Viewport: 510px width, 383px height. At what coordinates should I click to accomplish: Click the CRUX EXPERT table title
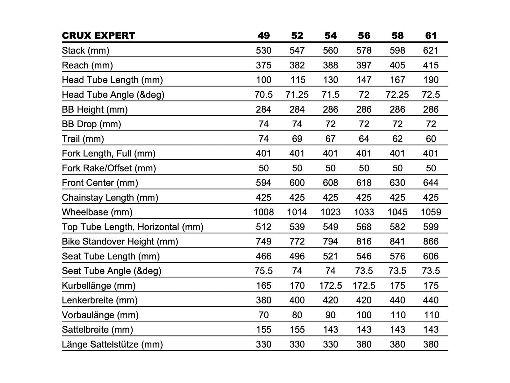pyautogui.click(x=98, y=35)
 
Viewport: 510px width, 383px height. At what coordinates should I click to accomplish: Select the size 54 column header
pyautogui.click(x=330, y=35)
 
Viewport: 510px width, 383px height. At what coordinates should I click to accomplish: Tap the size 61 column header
pyautogui.click(x=431, y=35)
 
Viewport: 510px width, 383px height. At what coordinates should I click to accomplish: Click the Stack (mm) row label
pyautogui.click(x=85, y=50)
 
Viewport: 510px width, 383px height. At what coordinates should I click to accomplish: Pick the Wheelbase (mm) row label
pyautogui.click(x=97, y=212)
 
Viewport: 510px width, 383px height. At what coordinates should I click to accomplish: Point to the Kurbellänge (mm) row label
pyautogui.click(x=98, y=286)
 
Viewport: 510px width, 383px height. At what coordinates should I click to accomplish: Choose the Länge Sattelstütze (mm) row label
pyautogui.click(x=112, y=344)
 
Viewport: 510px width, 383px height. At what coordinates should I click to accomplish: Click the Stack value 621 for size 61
pyautogui.click(x=431, y=50)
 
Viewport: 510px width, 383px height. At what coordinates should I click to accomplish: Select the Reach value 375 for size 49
pyautogui.click(x=263, y=65)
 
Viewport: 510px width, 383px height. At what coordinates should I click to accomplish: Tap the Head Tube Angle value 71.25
pyautogui.click(x=297, y=95)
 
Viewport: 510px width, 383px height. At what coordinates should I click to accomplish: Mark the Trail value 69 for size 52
pyautogui.click(x=297, y=139)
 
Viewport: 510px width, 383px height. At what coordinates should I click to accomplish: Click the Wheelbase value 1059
pyautogui.click(x=431, y=212)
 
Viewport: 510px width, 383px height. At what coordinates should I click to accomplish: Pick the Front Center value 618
pyautogui.click(x=364, y=183)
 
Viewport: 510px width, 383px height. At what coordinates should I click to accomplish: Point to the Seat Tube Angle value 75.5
pyautogui.click(x=263, y=271)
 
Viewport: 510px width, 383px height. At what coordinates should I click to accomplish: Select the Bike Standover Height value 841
pyautogui.click(x=397, y=242)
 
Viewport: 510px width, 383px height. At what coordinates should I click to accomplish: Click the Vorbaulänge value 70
pyautogui.click(x=263, y=315)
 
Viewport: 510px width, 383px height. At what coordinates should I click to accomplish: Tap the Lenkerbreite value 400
pyautogui.click(x=297, y=300)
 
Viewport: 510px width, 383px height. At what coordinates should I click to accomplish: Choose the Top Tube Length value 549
pyautogui.click(x=330, y=227)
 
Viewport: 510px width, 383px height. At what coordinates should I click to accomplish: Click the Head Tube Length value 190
pyautogui.click(x=431, y=80)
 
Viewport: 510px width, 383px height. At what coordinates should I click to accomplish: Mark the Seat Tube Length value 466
pyautogui.click(x=263, y=256)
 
